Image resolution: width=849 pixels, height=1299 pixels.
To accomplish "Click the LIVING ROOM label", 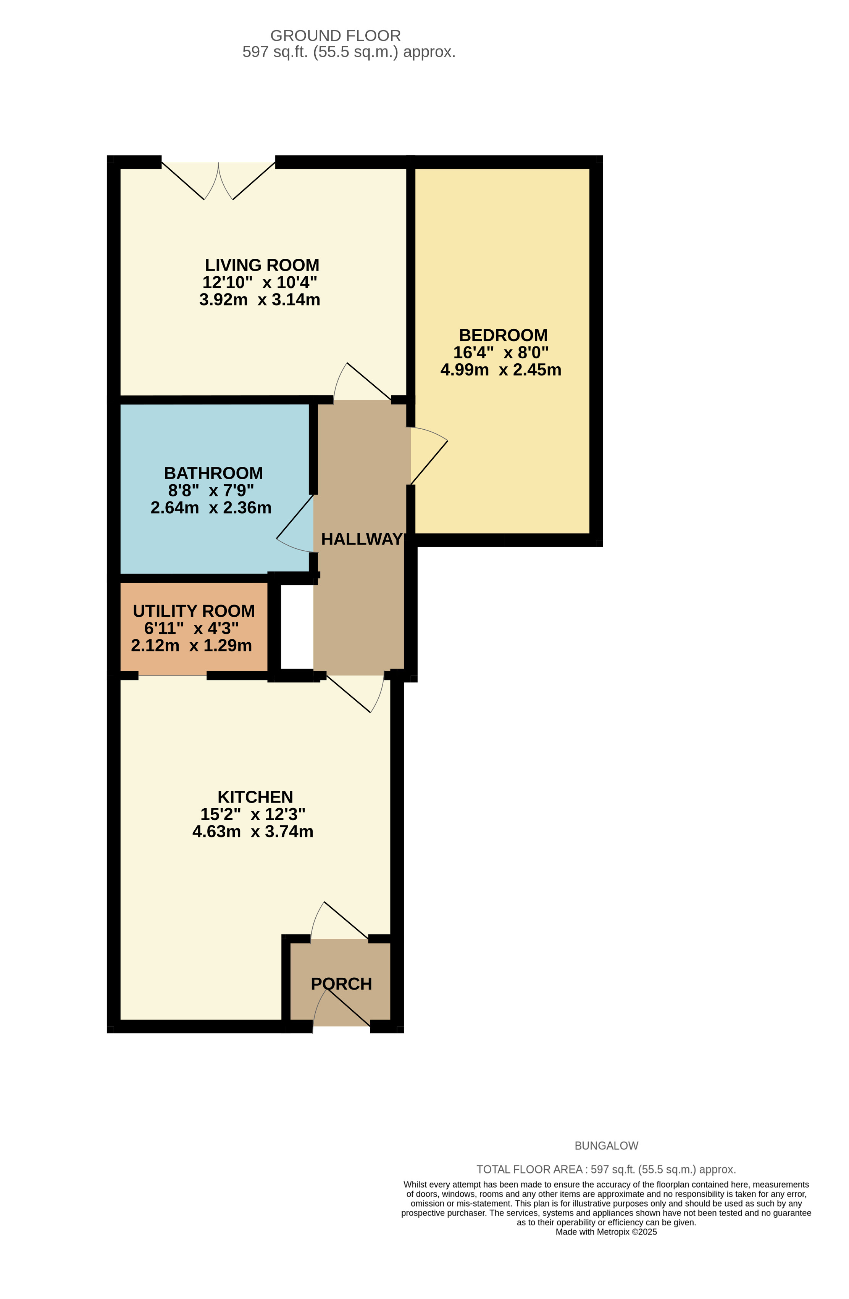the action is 261,265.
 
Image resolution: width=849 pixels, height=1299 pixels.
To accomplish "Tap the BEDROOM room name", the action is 503,335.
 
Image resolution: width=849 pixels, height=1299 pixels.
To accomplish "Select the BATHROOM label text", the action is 213,473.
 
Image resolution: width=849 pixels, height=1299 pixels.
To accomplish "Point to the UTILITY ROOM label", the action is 193,611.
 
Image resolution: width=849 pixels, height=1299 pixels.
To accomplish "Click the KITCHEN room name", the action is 255,797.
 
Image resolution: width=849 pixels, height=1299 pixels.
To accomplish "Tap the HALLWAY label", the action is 362,539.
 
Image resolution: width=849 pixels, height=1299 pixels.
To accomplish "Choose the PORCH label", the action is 341,984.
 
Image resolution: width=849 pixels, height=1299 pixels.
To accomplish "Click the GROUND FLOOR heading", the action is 335,36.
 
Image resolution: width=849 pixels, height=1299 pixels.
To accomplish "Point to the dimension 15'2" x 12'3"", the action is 253,814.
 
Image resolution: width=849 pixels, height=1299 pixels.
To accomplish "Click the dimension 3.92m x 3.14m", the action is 259,300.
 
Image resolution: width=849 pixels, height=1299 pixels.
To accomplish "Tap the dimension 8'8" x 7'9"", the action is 211,490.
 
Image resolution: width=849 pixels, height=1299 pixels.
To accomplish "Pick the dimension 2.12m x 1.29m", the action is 191,646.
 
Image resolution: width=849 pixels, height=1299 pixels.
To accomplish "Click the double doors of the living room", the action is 218,181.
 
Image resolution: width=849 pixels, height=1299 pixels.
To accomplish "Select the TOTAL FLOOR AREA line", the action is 606,1170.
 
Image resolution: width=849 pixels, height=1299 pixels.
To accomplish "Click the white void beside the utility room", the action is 297,627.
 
